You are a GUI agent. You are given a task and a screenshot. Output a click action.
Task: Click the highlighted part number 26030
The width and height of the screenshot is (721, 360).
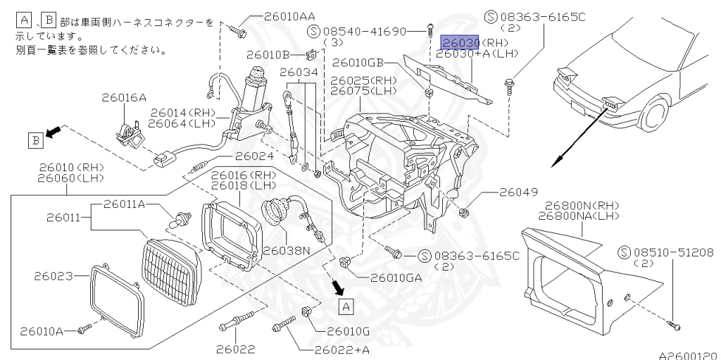460,42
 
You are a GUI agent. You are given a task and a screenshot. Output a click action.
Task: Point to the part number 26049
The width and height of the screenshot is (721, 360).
518,192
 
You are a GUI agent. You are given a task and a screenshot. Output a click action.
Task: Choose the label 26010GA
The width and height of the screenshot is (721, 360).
396,277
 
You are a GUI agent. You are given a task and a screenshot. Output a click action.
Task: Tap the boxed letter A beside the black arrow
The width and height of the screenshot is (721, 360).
345,306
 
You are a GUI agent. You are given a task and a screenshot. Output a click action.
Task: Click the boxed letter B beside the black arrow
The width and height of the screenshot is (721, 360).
35,140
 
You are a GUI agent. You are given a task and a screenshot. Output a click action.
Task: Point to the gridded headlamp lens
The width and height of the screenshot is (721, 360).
173,261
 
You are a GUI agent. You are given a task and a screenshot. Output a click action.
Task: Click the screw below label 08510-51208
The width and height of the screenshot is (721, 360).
674,325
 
